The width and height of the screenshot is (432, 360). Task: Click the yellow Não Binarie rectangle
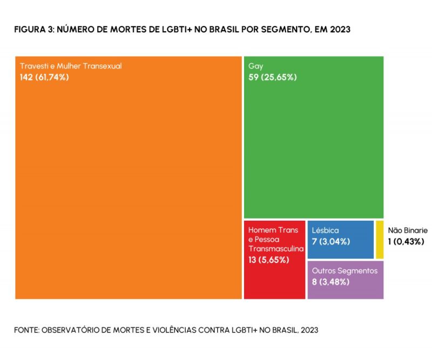click(380, 240)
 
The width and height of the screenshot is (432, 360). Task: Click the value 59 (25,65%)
click(273, 77)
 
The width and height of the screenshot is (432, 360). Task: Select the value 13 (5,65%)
click(269, 260)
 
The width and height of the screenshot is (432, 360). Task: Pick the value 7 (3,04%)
click(331, 241)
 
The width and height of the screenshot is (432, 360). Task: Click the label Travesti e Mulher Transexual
click(71, 66)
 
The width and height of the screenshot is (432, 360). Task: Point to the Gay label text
click(256, 66)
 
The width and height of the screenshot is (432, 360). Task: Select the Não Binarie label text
click(408, 230)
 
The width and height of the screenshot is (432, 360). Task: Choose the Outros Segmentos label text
click(345, 271)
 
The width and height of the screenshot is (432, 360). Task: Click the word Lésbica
click(325, 230)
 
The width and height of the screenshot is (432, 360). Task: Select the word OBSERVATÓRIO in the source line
click(71, 329)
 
